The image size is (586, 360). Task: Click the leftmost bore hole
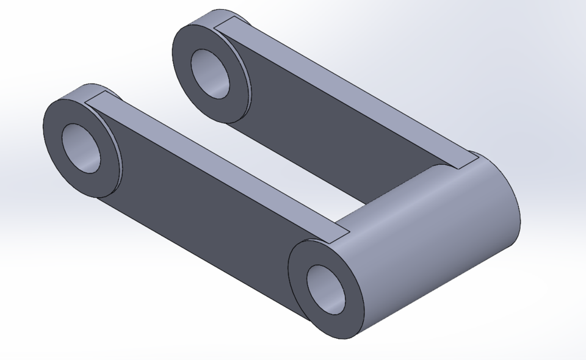click(81, 148)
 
